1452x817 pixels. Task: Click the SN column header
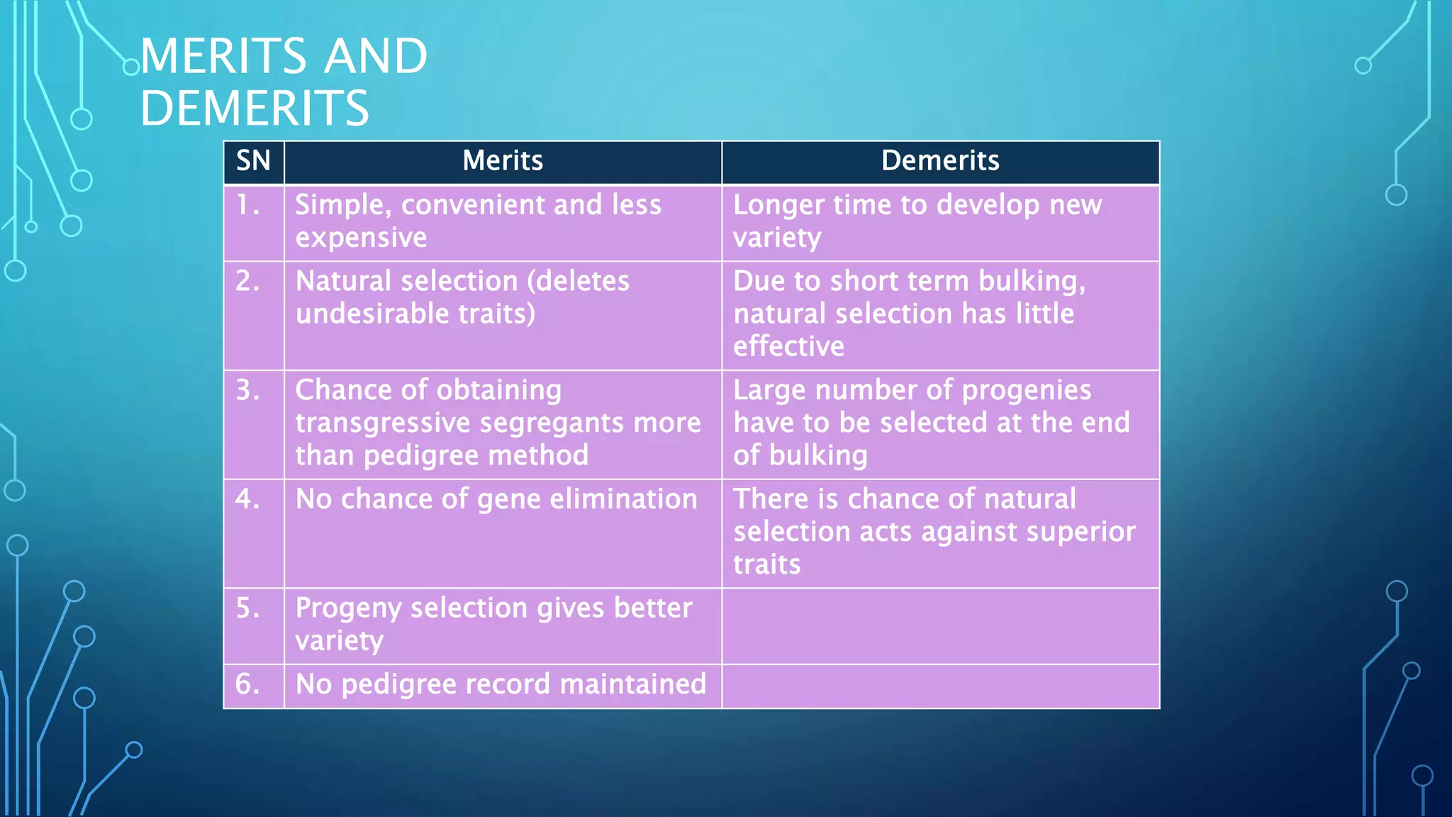[x=253, y=161]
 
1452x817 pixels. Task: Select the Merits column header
[x=503, y=161]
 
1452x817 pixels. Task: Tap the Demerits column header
[x=940, y=161]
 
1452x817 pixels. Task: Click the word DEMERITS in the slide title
[x=255, y=108]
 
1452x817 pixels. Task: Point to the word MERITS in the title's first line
[x=223, y=56]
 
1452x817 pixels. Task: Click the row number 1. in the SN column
[x=248, y=205]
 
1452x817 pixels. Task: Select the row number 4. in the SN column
[x=248, y=499]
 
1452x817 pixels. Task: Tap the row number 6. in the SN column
[x=248, y=684]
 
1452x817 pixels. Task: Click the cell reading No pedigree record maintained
[x=501, y=684]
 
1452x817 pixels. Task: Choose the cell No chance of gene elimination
[x=496, y=499]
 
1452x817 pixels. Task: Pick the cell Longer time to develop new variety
[x=917, y=221]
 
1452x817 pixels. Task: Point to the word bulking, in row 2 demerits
[x=1032, y=282]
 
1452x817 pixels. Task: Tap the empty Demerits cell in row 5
[x=940, y=626]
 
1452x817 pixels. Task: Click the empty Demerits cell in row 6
[x=940, y=686]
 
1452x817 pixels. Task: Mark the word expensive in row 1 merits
[x=361, y=238]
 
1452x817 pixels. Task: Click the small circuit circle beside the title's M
[x=131, y=67]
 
